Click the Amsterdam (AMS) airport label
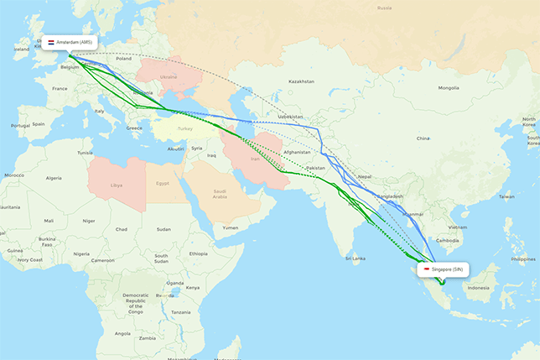(76, 41)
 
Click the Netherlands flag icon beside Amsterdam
(50, 41)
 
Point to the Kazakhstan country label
(300, 81)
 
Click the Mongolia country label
(449, 87)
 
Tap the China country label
(423, 138)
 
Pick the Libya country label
(116, 184)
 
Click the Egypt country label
(163, 183)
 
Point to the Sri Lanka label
(356, 258)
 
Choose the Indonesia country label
(478, 289)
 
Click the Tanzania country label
(183, 311)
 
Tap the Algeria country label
(54, 178)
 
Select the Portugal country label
(20, 125)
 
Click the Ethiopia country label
(198, 253)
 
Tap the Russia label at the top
(384, 8)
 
